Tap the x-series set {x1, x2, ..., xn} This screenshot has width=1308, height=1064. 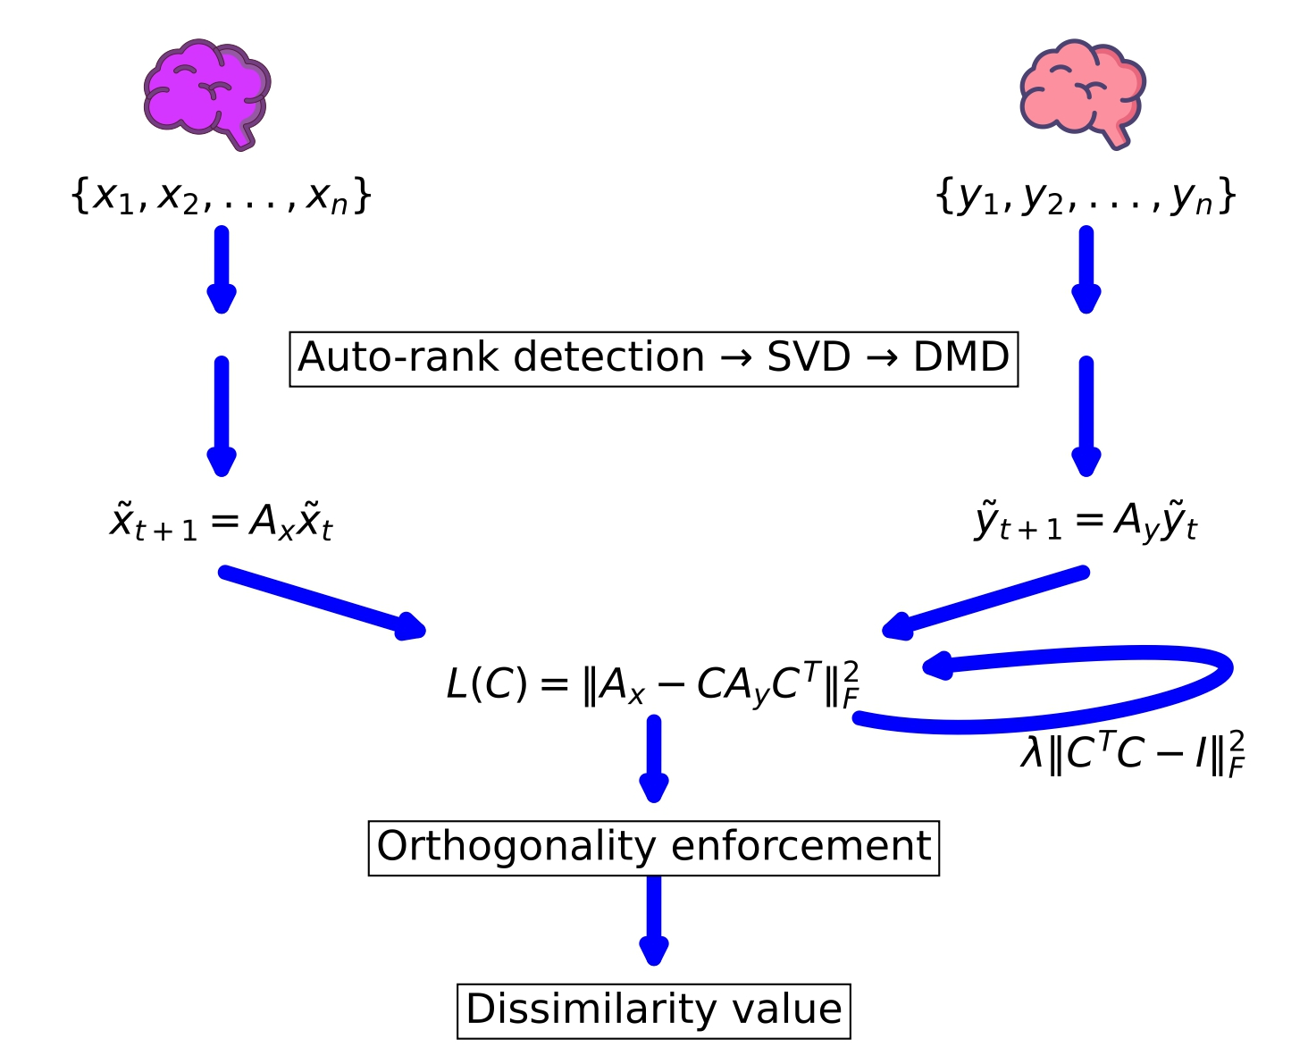[x=221, y=196]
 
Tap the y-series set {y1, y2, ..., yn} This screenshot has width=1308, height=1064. [x=1086, y=196]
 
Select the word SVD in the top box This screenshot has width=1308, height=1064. [x=809, y=357]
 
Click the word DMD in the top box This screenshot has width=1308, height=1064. [x=960, y=357]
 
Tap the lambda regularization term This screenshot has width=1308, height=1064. [x=1132, y=753]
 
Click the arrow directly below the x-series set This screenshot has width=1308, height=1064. [x=222, y=268]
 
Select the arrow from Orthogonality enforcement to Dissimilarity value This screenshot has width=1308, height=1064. [x=654, y=920]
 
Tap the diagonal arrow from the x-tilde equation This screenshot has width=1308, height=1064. [x=322, y=601]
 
